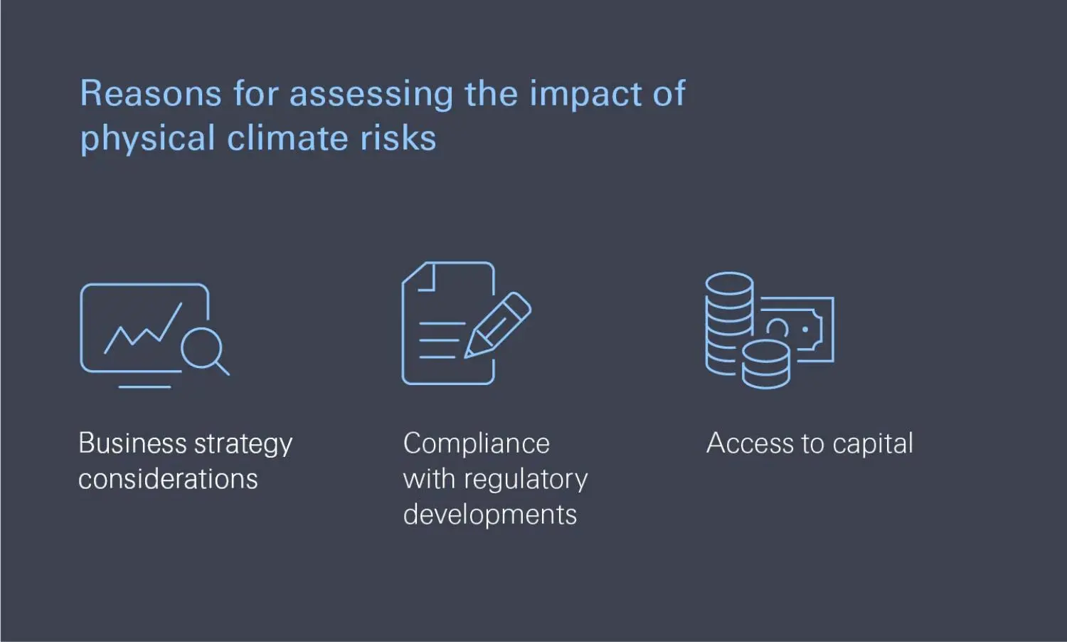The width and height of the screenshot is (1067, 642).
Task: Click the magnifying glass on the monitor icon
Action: click(x=203, y=349)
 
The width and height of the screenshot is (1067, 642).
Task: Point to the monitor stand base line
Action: click(x=144, y=387)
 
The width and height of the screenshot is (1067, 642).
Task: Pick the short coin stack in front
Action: click(x=765, y=364)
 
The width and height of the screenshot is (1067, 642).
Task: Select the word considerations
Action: click(x=168, y=479)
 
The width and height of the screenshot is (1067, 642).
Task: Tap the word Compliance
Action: click(x=476, y=443)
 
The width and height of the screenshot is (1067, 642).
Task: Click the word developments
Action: click(x=489, y=515)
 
